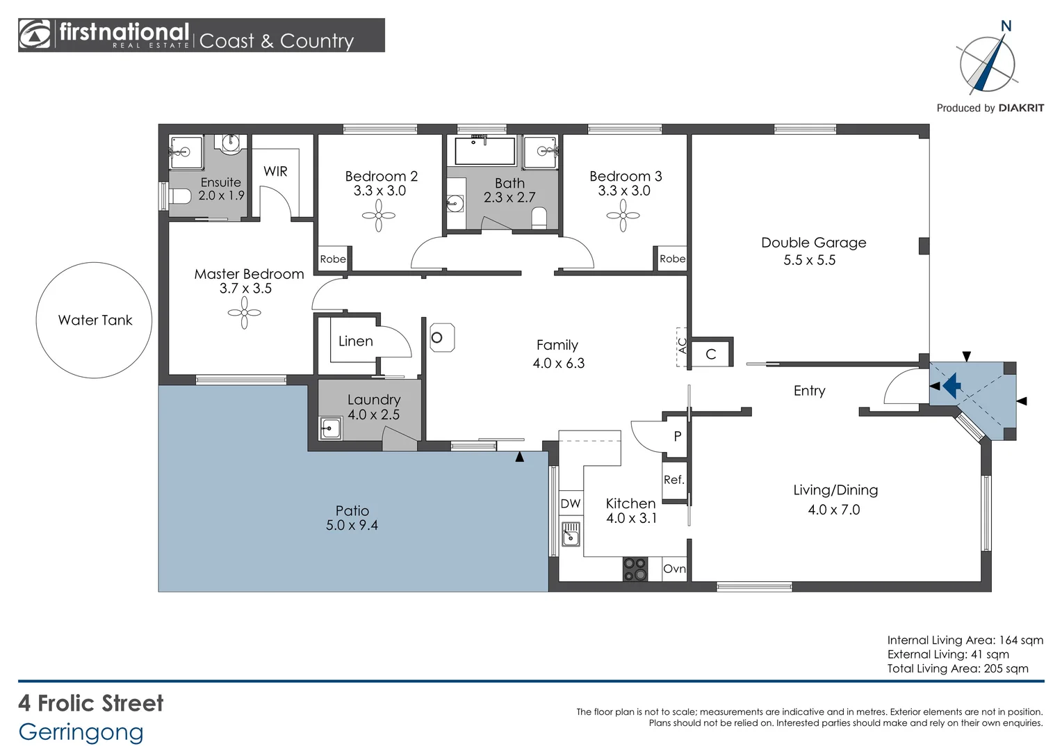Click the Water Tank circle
[94, 263]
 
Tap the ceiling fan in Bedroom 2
[379, 216]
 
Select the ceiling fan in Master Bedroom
[244, 313]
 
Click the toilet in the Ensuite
[179, 195]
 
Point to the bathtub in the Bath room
[485, 151]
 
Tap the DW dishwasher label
[571, 503]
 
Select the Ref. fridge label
[673, 480]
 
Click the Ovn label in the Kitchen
[674, 568]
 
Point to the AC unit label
[683, 346]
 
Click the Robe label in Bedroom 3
[672, 259]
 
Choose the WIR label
[275, 171]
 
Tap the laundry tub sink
[330, 428]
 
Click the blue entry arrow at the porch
[951, 385]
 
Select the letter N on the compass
[1006, 26]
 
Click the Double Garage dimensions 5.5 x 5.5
[809, 260]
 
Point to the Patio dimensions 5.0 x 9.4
[352, 525]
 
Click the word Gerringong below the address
[81, 732]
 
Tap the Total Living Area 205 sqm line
[958, 668]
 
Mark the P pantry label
[678, 436]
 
